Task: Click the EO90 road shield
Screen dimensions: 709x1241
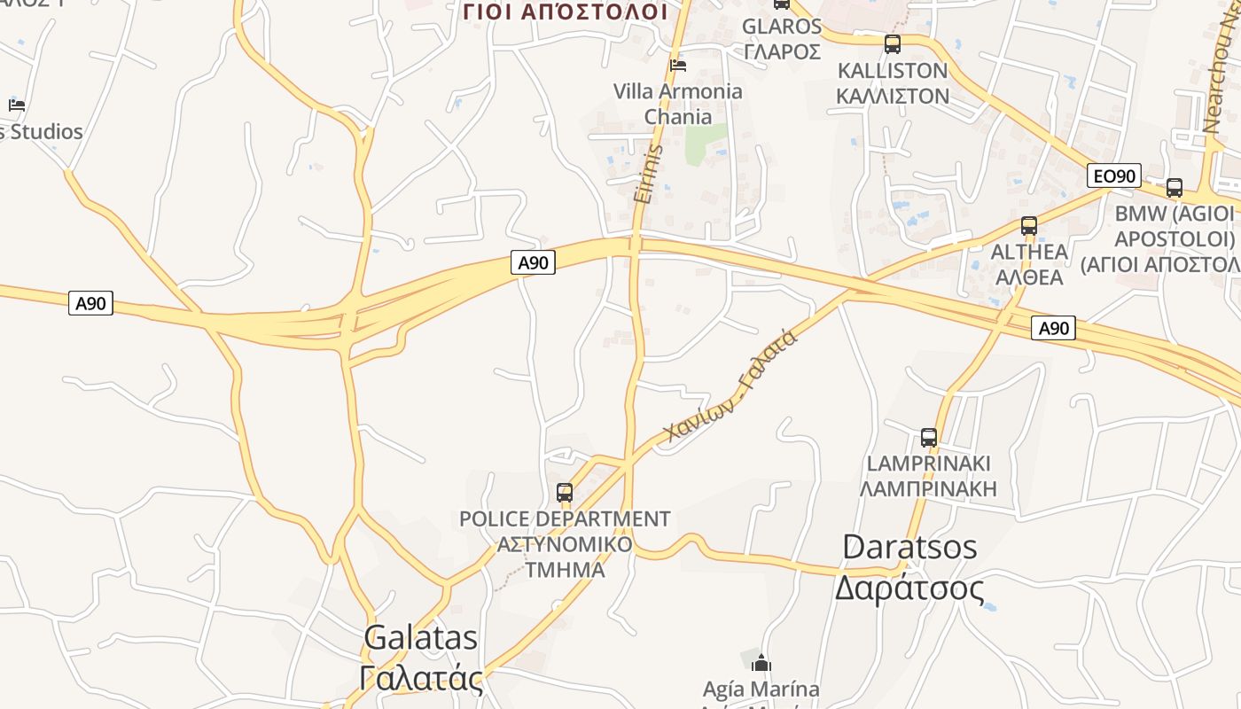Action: (x=1114, y=175)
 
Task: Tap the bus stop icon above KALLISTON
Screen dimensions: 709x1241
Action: (x=893, y=43)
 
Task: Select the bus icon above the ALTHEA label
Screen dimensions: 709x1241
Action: (x=1028, y=225)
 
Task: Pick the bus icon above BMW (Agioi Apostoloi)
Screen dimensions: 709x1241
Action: (x=1175, y=187)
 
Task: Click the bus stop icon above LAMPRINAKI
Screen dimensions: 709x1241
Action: (x=929, y=437)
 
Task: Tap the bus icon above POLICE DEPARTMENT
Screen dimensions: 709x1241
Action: (x=565, y=493)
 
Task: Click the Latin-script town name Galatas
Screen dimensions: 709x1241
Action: (x=421, y=637)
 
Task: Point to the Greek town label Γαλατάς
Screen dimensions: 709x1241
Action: (x=421, y=679)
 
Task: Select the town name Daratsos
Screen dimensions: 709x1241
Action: (x=909, y=546)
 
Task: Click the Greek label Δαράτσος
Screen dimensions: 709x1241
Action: (x=909, y=587)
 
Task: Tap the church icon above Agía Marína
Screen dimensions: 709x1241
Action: (x=761, y=663)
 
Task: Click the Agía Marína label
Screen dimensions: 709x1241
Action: (x=761, y=689)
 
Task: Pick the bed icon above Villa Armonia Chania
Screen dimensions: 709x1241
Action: (x=678, y=65)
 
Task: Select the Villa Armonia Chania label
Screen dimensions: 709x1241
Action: (x=678, y=104)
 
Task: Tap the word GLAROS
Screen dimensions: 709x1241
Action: (x=782, y=26)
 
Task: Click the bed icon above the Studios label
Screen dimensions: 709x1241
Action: (x=16, y=105)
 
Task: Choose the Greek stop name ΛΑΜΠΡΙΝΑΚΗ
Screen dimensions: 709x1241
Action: (x=929, y=488)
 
